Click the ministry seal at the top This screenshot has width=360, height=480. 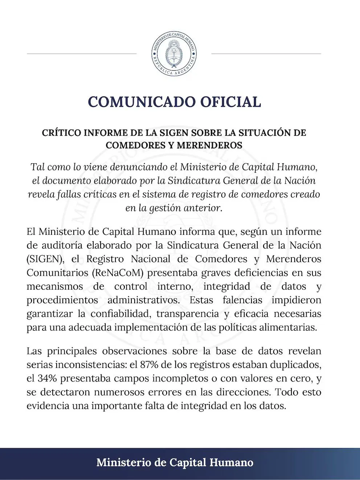tap(174, 54)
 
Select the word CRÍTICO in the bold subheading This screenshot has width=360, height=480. tap(61, 133)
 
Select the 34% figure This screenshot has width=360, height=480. tap(48, 378)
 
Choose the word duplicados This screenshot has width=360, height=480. tap(297, 365)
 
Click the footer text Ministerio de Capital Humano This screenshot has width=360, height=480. tap(175, 463)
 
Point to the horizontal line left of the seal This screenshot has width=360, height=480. tap(82, 54)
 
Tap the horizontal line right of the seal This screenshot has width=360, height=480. tap(266, 54)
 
